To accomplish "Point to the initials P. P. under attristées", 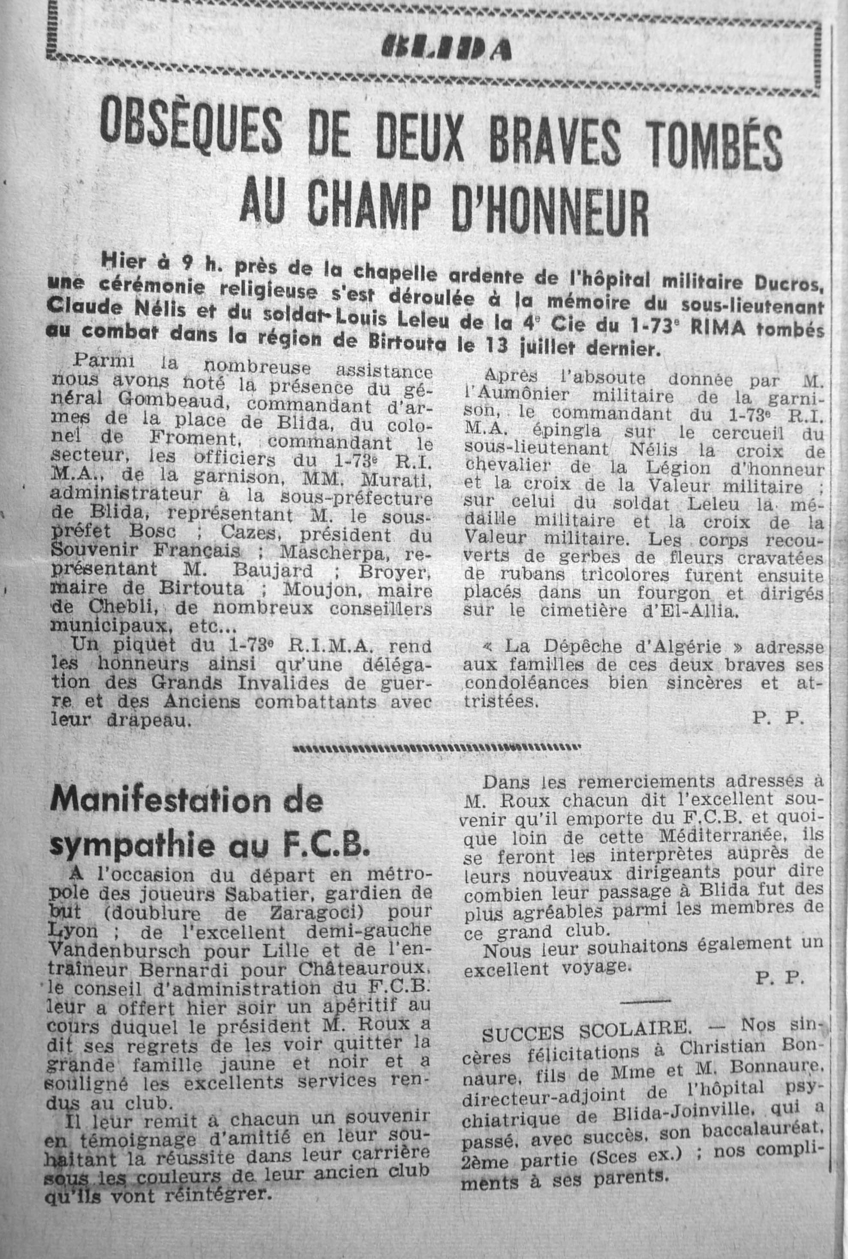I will click(x=778, y=718).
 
